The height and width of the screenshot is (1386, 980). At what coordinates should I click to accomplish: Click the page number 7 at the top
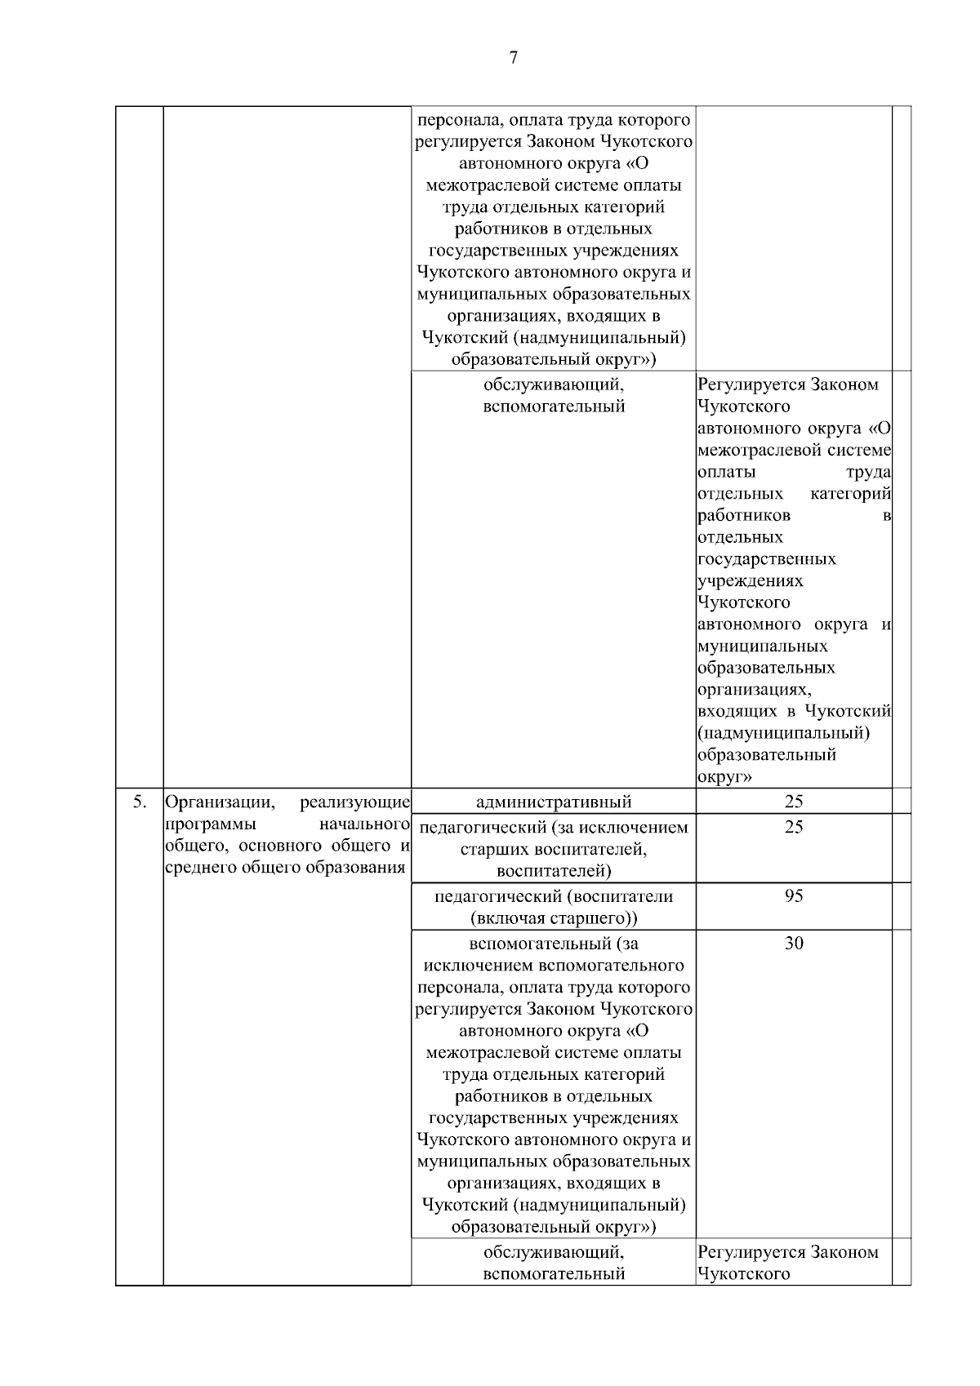(513, 57)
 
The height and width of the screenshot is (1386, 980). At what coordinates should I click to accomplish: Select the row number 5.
(140, 802)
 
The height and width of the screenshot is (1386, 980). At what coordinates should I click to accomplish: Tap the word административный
(554, 802)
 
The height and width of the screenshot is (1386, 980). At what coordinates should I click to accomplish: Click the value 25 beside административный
(794, 802)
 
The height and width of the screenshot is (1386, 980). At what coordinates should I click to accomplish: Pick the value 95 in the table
(794, 896)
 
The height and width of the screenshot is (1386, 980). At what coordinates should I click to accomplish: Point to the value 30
(794, 944)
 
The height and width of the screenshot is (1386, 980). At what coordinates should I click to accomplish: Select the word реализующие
(354, 802)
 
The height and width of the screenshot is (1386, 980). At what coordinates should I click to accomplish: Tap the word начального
(364, 824)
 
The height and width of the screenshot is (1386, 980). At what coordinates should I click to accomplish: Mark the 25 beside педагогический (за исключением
(794, 827)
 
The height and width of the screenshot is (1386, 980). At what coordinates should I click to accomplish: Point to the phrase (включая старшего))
(554, 918)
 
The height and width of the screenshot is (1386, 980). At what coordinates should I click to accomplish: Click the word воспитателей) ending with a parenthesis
(554, 871)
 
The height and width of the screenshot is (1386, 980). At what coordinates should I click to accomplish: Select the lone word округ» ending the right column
(725, 777)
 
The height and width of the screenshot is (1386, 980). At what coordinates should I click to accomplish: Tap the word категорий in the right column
(850, 494)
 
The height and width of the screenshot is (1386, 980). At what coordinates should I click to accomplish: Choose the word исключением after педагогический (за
(636, 828)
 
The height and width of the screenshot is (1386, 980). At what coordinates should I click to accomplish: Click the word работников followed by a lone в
(744, 516)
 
